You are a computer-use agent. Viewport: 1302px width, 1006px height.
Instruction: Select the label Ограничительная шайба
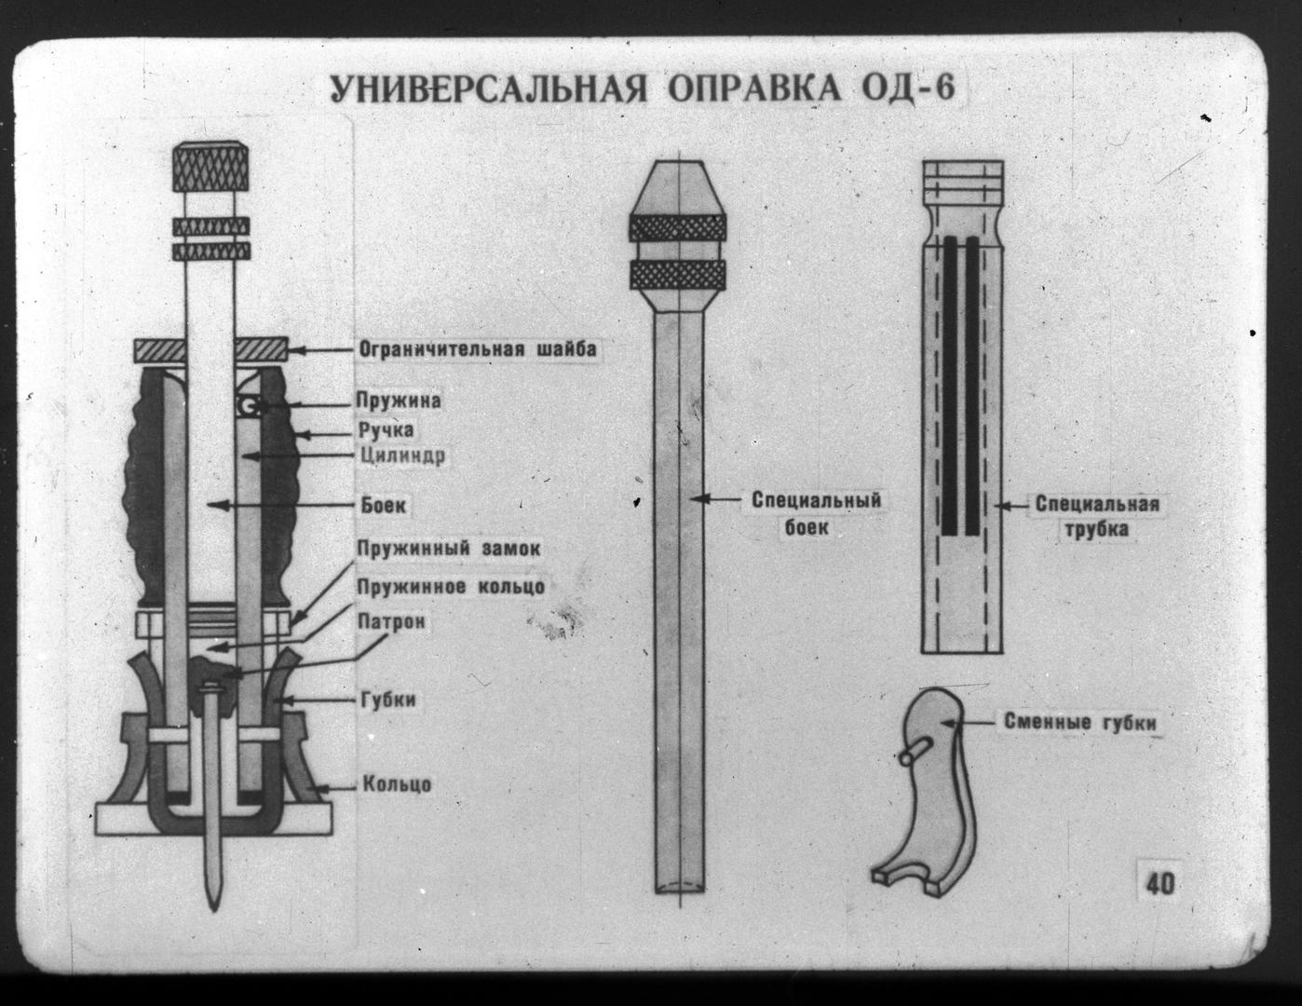(477, 349)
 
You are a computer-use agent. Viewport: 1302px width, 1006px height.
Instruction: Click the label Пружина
(398, 401)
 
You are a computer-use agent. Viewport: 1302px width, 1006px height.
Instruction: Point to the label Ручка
(387, 430)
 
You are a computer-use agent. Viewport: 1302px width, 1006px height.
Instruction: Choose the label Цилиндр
(401, 456)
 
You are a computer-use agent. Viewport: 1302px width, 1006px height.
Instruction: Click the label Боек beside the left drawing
(384, 506)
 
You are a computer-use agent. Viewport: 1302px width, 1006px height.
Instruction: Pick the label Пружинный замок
(449, 548)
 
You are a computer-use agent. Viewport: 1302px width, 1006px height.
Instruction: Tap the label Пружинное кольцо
(451, 586)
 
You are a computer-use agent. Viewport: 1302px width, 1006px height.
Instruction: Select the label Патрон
(391, 620)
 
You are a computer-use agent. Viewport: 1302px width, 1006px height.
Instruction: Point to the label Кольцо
(397, 783)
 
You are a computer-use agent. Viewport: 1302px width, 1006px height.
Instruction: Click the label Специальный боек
(816, 513)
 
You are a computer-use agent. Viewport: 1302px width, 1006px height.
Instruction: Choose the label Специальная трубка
(1097, 516)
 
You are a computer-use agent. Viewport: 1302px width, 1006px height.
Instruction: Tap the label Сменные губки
(1079, 723)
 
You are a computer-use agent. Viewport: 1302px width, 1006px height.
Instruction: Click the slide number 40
(1160, 882)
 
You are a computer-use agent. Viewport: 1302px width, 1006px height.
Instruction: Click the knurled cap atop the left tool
(211, 168)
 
